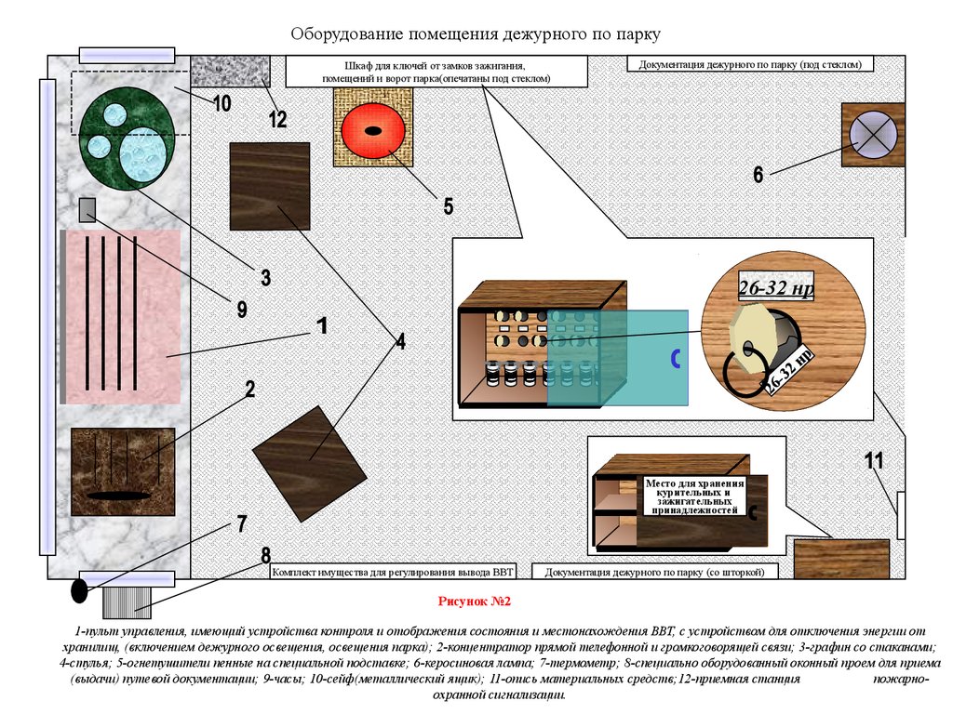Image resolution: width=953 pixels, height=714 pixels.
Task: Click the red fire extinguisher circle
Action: pos(372,130)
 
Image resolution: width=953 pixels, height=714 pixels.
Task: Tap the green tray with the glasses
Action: pos(127,139)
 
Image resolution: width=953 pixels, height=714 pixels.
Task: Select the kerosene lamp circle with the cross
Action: pos(873,135)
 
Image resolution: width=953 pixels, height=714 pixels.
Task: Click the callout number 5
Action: pos(448,206)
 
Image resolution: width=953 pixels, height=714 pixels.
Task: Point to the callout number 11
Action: pos(874,461)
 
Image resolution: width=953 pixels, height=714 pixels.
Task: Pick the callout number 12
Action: pos(277,118)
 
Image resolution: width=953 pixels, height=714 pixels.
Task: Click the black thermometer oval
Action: pos(80,590)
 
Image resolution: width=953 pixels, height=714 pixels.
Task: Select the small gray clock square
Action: pos(88,209)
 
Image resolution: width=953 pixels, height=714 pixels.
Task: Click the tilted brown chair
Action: pos(309,463)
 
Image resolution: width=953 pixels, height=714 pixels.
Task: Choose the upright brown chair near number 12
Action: pos(270,186)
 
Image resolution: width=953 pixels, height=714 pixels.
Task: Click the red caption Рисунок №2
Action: pos(475,602)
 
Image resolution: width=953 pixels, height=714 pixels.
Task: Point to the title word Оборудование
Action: pos(347,34)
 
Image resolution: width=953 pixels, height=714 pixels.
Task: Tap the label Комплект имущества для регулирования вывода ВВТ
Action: pos(393,572)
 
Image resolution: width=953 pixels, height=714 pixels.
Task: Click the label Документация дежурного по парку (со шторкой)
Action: pos(654,572)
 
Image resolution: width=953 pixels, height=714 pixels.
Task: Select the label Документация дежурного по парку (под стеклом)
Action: pos(750,64)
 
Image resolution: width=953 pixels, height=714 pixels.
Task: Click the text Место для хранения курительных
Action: pos(694,488)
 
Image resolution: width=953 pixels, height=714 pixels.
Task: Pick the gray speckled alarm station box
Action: pos(231,71)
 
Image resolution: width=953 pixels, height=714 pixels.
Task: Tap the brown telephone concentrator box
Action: pos(123,471)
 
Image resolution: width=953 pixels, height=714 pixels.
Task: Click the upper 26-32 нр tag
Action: pos(776,287)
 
